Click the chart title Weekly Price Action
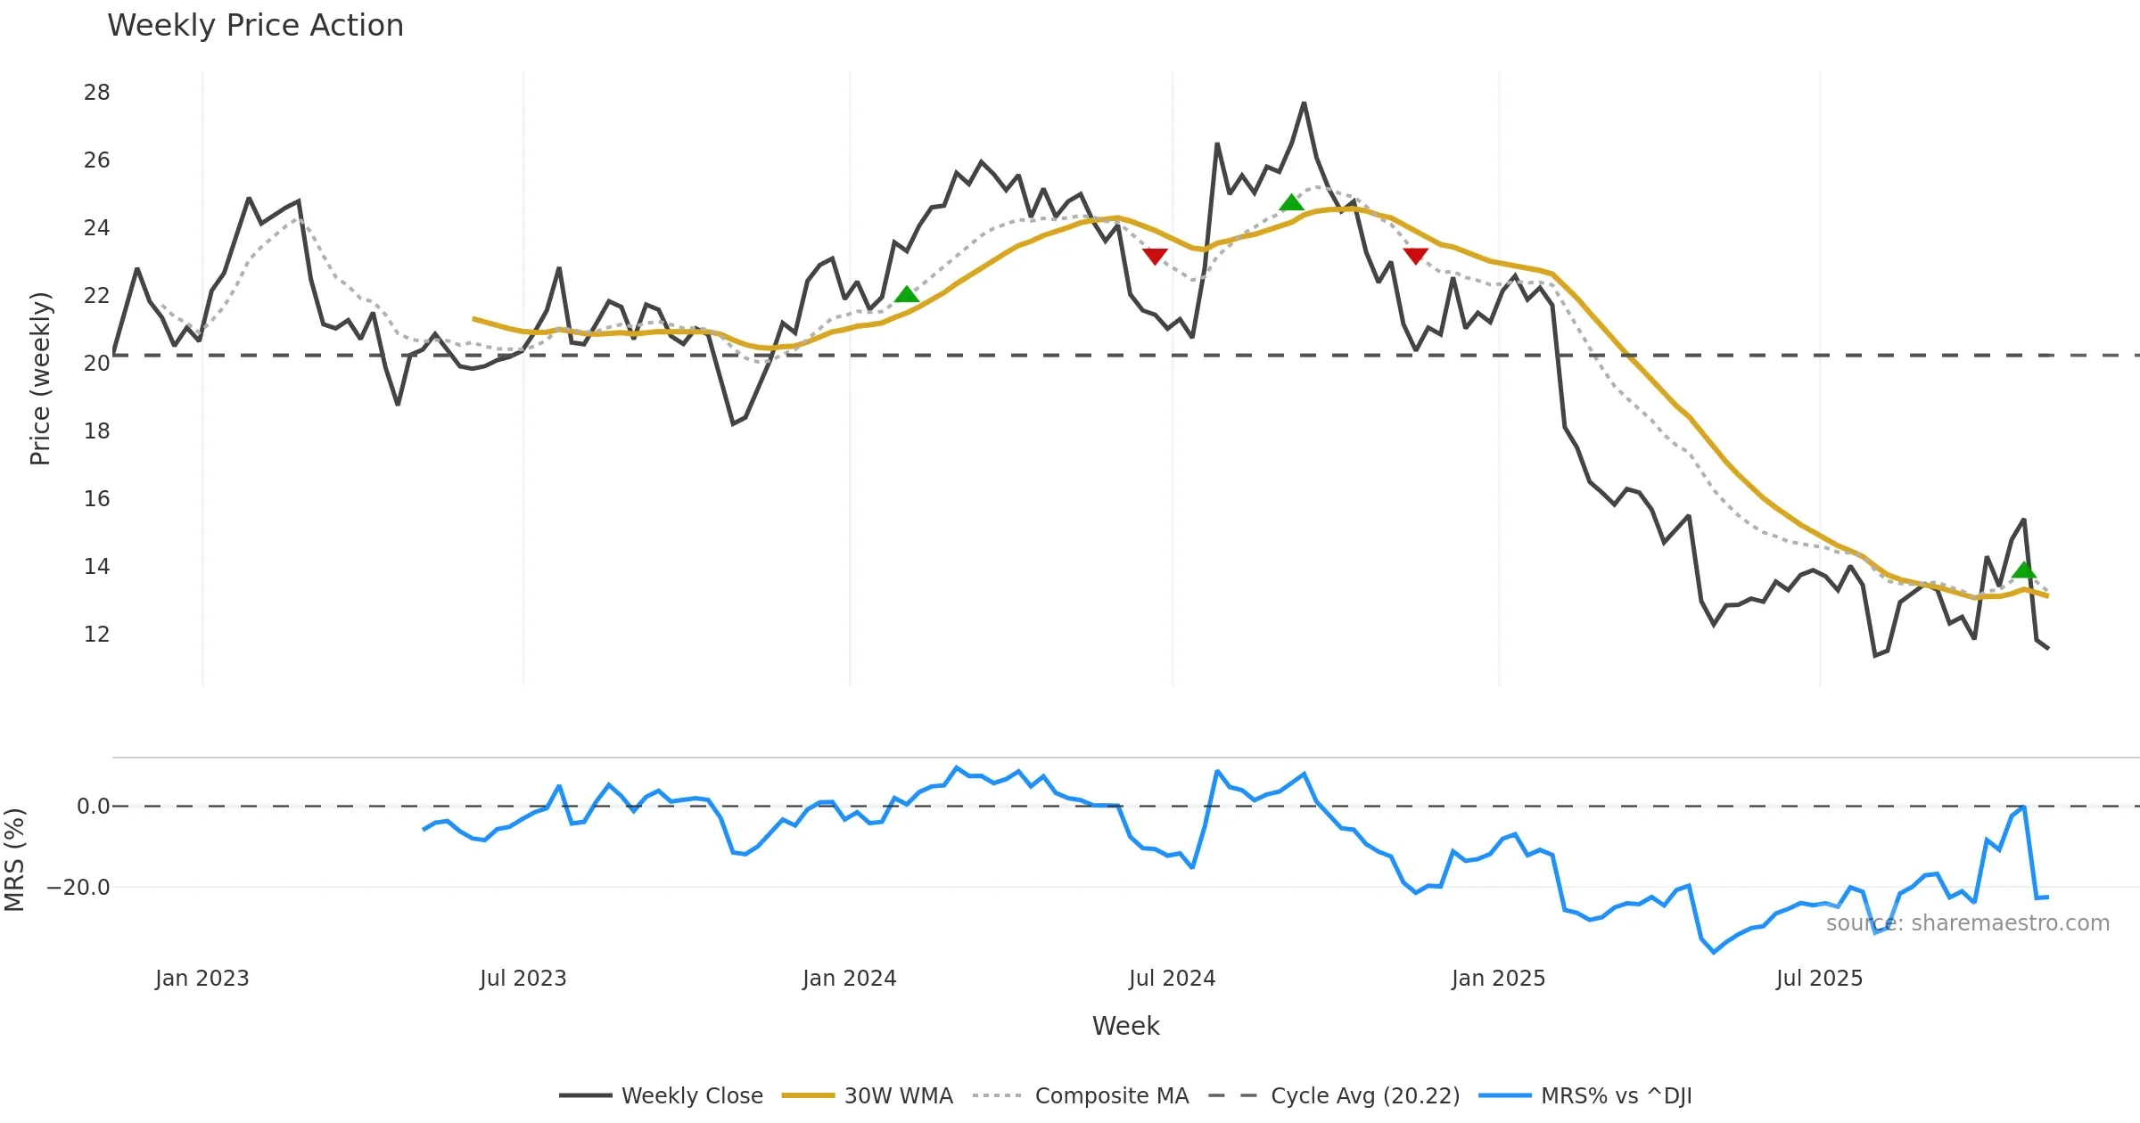[x=255, y=26]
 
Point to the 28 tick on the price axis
[x=96, y=93]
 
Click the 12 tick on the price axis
[x=96, y=635]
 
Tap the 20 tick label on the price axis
[x=96, y=364]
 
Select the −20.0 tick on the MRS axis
[x=78, y=888]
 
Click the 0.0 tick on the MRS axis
[x=93, y=807]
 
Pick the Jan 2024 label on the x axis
[x=849, y=979]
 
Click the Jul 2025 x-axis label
[x=1819, y=979]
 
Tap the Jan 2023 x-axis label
[x=202, y=979]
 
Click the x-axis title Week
[x=1125, y=1027]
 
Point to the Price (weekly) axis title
[x=41, y=379]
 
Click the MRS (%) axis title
[x=14, y=860]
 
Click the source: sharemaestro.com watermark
[x=1967, y=923]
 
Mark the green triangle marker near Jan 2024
[x=906, y=295]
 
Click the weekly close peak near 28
[x=1304, y=103]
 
